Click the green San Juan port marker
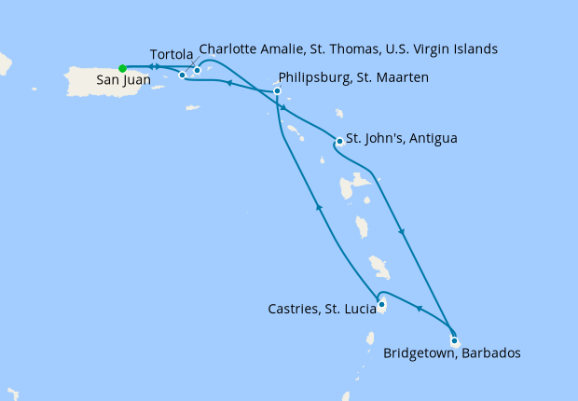[122, 67]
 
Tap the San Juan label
[121, 81]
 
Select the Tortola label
[172, 54]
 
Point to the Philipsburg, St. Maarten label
[353, 77]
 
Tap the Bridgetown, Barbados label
[451, 353]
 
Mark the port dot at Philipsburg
[278, 90]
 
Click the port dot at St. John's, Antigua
[338, 142]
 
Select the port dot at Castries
[381, 304]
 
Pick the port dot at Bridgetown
[454, 340]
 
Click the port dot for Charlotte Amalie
[198, 70]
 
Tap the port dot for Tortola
[182, 75]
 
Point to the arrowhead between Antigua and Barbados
[402, 232]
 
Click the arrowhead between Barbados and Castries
[418, 309]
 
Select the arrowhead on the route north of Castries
[318, 208]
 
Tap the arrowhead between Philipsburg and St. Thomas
[227, 84]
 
